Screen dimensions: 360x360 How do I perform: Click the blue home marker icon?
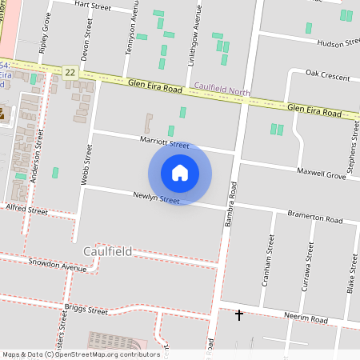coord(180,172)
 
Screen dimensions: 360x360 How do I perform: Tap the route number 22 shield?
coord(70,72)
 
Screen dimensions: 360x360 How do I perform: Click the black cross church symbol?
coord(238,314)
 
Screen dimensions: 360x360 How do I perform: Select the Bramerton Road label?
coord(315,218)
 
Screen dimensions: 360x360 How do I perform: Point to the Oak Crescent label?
coord(329,77)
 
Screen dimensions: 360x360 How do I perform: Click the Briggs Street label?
coord(86,310)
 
